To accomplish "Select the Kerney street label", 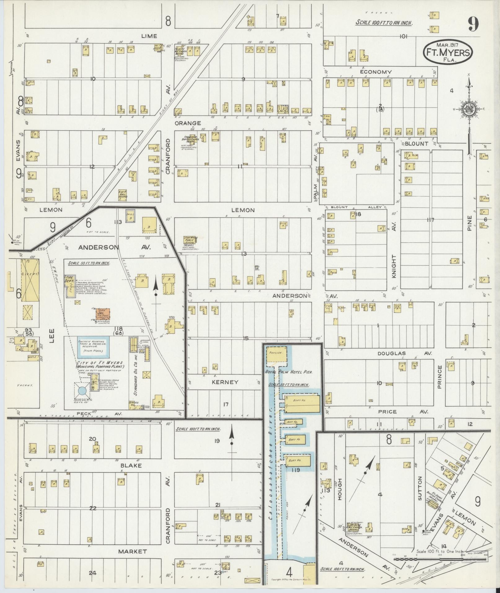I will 225,382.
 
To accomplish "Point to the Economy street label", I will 376,72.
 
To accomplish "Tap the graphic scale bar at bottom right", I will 440,559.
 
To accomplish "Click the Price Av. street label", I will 402,412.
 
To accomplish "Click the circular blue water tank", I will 82,391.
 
